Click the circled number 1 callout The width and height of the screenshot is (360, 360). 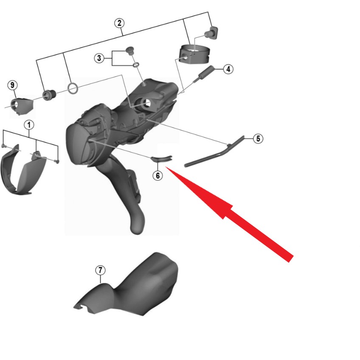click(x=29, y=125)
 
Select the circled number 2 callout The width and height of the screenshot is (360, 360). click(x=119, y=23)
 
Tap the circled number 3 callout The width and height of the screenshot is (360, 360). click(x=99, y=58)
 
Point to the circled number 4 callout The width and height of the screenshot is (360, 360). click(x=228, y=69)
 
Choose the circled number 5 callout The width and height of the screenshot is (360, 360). click(x=258, y=139)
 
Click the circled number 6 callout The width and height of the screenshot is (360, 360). click(x=158, y=176)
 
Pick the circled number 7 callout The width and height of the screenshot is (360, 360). click(x=100, y=270)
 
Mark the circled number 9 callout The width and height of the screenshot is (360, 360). click(x=12, y=85)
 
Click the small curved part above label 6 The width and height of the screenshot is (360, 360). click(x=161, y=158)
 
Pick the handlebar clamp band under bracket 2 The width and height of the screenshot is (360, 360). click(x=194, y=54)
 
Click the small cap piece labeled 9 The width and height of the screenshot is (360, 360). click(x=22, y=105)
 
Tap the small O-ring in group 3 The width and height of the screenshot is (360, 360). click(x=136, y=65)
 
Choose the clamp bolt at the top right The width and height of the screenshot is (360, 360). click(x=212, y=33)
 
